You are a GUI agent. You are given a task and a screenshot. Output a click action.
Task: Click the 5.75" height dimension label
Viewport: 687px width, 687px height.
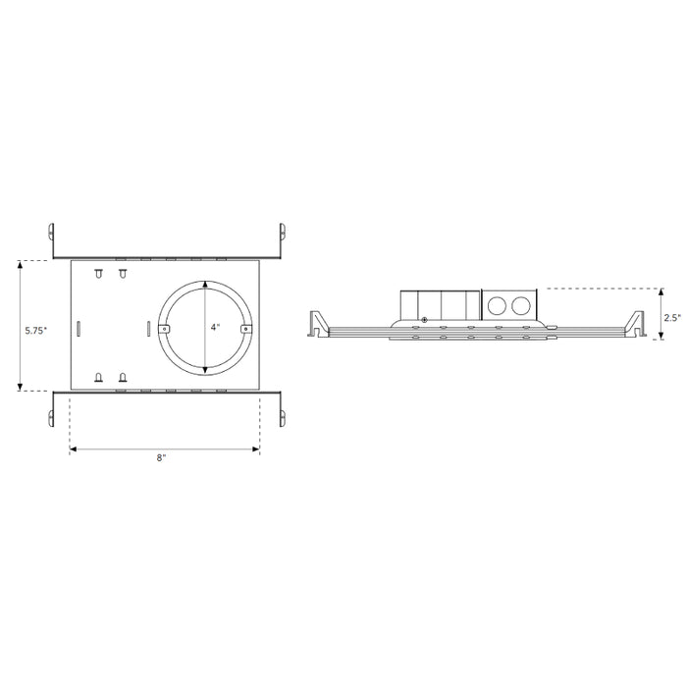pos(35,331)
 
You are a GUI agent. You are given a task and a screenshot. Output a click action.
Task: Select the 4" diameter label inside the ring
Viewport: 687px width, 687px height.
pos(215,327)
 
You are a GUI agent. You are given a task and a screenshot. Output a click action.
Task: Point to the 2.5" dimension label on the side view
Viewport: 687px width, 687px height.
pos(672,317)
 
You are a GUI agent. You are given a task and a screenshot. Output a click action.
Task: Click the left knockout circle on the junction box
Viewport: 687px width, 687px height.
pos(499,304)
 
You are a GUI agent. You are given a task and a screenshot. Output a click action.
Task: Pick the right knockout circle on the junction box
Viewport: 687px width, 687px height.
pos(520,304)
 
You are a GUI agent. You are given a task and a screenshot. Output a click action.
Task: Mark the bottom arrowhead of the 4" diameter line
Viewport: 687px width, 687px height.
pos(204,369)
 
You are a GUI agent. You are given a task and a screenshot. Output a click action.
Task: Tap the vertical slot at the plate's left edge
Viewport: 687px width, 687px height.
pos(79,328)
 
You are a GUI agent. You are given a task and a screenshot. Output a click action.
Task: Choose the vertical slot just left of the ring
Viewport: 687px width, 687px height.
pos(147,328)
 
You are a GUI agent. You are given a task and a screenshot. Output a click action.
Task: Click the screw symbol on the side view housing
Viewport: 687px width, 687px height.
pos(424,318)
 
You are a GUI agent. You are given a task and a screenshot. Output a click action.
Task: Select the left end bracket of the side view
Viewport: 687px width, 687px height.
pos(317,324)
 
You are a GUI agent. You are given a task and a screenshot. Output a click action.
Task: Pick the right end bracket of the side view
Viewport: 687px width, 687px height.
pos(630,324)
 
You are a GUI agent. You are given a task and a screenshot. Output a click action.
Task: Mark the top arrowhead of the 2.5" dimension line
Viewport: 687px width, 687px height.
pos(661,291)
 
